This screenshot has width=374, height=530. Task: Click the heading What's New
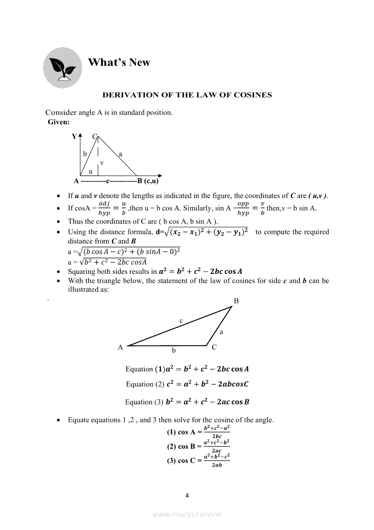[x=119, y=63]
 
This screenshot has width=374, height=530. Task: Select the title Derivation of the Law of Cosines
[x=187, y=95]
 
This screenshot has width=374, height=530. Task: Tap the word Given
[x=58, y=122]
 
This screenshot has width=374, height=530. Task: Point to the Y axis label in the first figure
[x=74, y=136]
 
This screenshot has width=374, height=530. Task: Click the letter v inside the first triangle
[x=102, y=162]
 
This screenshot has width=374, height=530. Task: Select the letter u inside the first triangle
[x=91, y=171]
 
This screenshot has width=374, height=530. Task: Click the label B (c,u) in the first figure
[x=148, y=182]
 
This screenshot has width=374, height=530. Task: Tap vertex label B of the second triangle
[x=236, y=301]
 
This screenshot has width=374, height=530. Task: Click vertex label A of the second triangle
[x=120, y=348]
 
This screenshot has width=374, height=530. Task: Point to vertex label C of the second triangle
[x=214, y=347]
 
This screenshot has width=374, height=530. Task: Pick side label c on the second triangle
[x=181, y=321]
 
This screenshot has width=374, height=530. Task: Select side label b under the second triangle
[x=173, y=350]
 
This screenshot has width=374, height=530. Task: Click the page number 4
[x=187, y=495]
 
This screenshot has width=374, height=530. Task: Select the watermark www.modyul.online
[x=187, y=514]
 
